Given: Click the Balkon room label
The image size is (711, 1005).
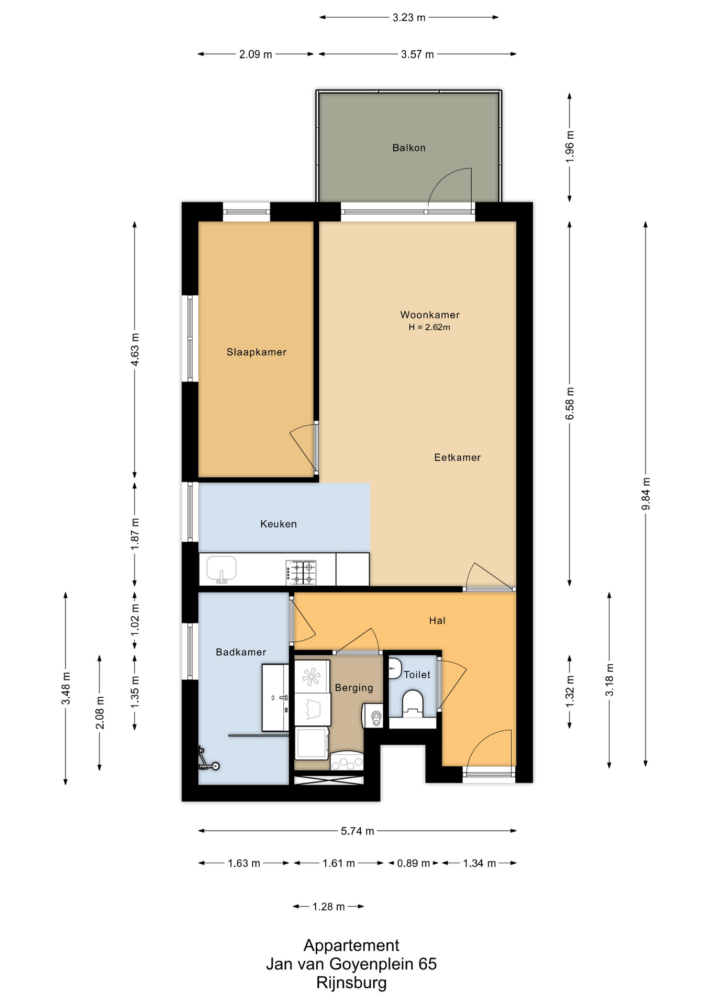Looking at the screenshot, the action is (x=409, y=148).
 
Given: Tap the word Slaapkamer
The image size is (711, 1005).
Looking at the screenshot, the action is (x=257, y=352).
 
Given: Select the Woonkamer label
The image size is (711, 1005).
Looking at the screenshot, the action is (x=430, y=315).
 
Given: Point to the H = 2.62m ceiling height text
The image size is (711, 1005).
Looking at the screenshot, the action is (x=429, y=327).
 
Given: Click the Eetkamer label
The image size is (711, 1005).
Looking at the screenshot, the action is (x=457, y=457).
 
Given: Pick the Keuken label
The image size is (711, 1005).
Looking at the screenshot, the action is (x=279, y=524).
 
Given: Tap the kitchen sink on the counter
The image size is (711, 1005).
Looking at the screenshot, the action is (x=221, y=569).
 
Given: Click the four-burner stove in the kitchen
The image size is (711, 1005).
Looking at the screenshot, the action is (x=301, y=572).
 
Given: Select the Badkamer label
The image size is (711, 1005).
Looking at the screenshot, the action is (x=241, y=652).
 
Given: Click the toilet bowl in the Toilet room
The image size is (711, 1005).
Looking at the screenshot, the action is (x=413, y=703).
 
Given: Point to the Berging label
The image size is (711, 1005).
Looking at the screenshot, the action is (x=354, y=688).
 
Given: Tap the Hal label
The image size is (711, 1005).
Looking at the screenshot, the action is (x=437, y=621).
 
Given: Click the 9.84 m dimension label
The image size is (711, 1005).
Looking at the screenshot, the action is (x=646, y=494).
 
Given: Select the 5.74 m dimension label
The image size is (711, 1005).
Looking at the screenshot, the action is (x=358, y=831).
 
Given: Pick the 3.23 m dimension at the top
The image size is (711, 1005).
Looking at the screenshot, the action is (x=409, y=17).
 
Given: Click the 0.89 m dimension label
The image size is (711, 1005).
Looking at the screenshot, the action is (x=413, y=863).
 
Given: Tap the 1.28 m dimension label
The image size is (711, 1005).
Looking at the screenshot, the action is (x=328, y=907).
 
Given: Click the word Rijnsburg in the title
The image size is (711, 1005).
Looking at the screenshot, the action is (x=351, y=982).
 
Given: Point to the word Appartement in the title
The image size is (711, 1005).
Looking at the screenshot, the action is (x=351, y=945).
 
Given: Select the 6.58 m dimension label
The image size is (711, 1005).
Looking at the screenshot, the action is (x=570, y=403).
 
